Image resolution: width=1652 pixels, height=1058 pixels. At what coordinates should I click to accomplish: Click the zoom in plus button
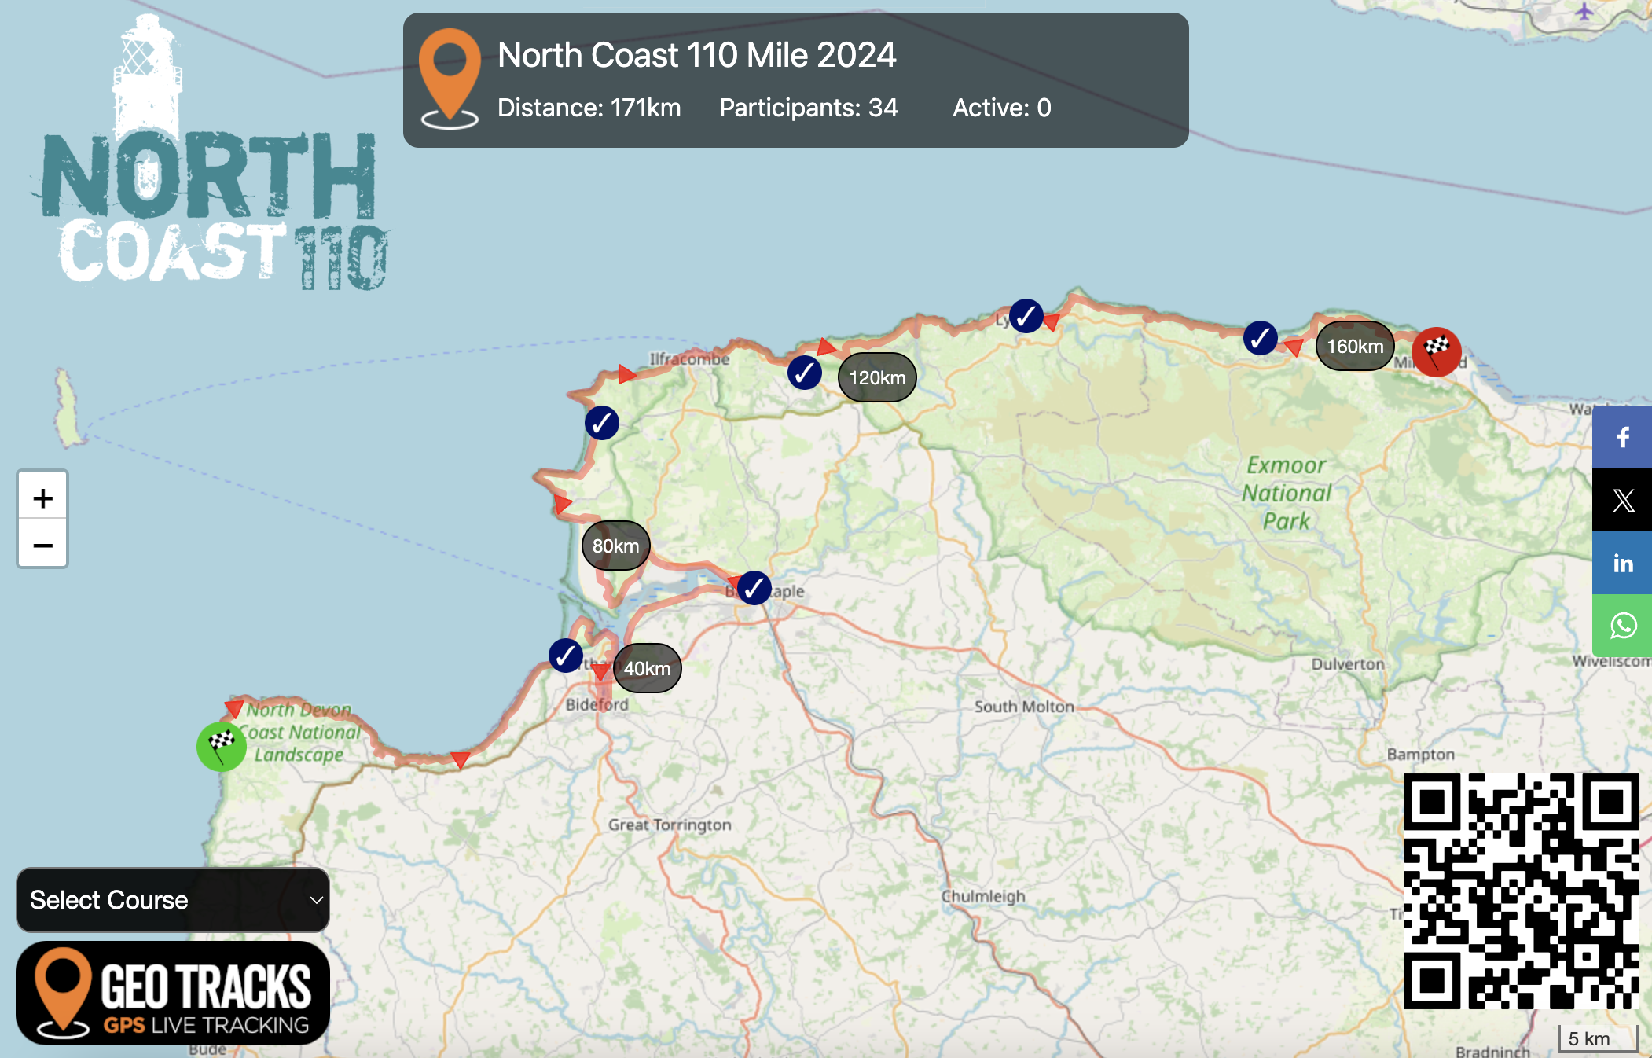pos(43,498)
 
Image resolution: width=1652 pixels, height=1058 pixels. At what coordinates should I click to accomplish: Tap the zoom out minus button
pos(43,544)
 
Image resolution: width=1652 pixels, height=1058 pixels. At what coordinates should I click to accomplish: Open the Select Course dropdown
pos(173,900)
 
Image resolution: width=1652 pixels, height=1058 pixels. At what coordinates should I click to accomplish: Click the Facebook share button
pos(1622,437)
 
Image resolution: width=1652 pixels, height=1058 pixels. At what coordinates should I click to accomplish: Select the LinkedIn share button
pos(1622,563)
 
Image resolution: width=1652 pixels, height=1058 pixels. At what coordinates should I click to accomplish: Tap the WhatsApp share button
pos(1622,626)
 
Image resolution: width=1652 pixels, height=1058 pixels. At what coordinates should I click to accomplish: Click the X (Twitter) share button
pos(1622,500)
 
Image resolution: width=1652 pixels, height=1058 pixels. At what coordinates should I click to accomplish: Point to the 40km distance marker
pos(647,668)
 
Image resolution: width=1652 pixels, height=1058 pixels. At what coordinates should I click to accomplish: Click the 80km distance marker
pos(615,546)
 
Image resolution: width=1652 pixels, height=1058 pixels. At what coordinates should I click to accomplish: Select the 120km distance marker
pos(877,377)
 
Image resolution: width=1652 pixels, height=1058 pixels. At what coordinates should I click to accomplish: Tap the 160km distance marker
pos(1355,346)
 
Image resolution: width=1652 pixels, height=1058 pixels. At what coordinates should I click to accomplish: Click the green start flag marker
pos(221,745)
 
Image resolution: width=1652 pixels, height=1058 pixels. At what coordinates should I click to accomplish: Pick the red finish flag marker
pos(1436,351)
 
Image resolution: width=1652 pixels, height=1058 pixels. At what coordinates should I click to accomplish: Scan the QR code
pos(1521,891)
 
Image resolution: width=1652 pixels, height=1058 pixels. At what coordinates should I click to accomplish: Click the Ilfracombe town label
pos(689,359)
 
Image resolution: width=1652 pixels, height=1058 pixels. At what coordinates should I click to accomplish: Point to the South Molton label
pos(1024,706)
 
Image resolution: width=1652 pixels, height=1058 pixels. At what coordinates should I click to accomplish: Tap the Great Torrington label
pos(670,825)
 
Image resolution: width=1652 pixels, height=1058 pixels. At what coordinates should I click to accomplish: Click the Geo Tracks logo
pos(173,993)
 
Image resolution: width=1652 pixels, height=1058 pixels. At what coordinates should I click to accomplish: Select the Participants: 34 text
pos(808,108)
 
